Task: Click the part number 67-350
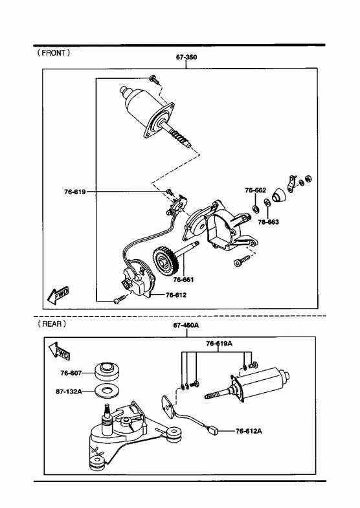pyautogui.click(x=186, y=58)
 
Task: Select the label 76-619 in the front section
pyautogui.click(x=75, y=192)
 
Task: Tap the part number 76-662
pyautogui.click(x=255, y=190)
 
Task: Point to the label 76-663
pyautogui.click(x=268, y=222)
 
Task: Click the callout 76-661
pyautogui.click(x=183, y=280)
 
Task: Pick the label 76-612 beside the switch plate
pyautogui.click(x=176, y=295)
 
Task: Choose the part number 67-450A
pyautogui.click(x=186, y=326)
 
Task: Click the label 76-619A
pyautogui.click(x=219, y=344)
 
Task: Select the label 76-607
pyautogui.click(x=71, y=373)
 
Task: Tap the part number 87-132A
pyautogui.click(x=69, y=392)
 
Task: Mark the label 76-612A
pyautogui.click(x=249, y=431)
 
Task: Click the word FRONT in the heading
pyautogui.click(x=54, y=53)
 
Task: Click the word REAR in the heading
pyautogui.click(x=52, y=324)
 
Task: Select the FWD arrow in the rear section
pyautogui.click(x=59, y=351)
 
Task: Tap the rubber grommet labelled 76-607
pyautogui.click(x=107, y=371)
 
